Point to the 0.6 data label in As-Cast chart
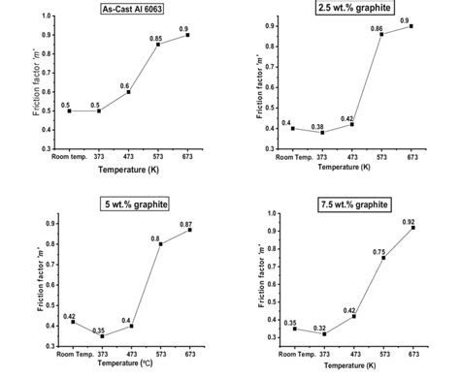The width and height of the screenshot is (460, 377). (124, 85)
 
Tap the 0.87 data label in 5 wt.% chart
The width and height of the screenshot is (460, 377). (184, 224)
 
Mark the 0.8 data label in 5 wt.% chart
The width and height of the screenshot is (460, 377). (155, 237)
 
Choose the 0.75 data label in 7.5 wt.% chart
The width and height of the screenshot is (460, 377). (380, 251)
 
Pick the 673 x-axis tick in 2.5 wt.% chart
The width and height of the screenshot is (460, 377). (411, 158)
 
